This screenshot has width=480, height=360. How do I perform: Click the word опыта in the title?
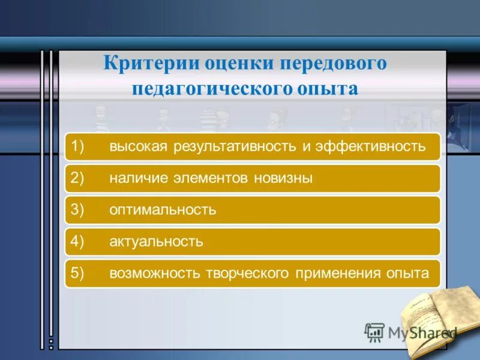[x=328, y=89]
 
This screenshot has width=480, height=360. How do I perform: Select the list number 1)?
[x=80, y=146]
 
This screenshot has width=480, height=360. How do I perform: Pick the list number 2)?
[x=80, y=178]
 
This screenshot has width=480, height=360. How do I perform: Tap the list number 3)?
[x=80, y=210]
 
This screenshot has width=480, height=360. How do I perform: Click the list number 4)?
[x=80, y=242]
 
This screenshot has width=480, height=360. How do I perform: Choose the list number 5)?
[x=80, y=274]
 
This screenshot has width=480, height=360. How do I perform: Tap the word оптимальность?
[x=162, y=210]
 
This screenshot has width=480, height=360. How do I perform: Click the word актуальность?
[x=156, y=242]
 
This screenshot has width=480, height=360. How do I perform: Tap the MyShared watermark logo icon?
[x=374, y=332]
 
